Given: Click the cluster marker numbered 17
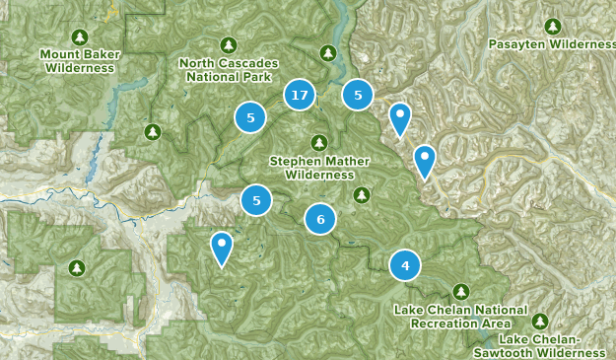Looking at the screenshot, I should pos(300,96).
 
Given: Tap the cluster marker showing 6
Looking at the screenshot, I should pos(320,219).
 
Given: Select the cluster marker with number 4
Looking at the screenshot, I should pos(405,265).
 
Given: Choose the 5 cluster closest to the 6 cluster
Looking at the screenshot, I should pos(256,200).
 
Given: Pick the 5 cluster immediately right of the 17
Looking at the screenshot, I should pos(358,95).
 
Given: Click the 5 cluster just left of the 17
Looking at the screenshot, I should pos(251,118).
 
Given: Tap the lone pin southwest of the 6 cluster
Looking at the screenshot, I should pos(223,247).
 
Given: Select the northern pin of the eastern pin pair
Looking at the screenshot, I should pos(399,117).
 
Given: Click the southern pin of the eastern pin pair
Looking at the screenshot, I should pos(424,159).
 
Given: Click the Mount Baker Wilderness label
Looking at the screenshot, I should pos(76,61).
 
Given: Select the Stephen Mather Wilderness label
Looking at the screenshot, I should pos(311,168).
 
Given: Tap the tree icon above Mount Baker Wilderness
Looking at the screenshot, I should pos(79,36).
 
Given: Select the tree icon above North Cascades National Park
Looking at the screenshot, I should pos(229,44).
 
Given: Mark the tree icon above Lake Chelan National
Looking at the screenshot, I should pos(460,292).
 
